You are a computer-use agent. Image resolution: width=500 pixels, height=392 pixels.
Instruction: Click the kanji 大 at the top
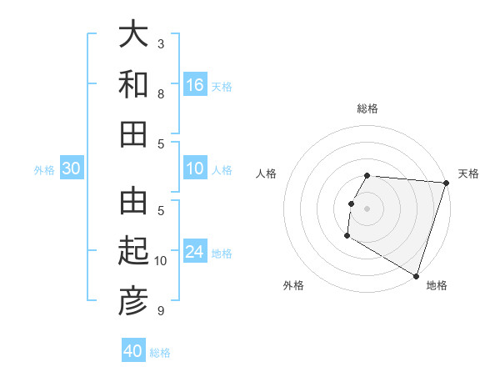tap(133, 36)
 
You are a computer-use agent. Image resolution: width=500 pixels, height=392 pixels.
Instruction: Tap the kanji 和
tap(133, 84)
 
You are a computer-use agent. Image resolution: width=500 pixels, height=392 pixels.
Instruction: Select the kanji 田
tap(133, 133)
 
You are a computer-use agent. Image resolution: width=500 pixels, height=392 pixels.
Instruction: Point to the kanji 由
tap(133, 202)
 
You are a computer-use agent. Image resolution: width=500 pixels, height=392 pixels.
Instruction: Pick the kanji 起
tap(133, 252)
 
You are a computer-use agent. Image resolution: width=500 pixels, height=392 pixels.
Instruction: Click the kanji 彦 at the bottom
tap(133, 301)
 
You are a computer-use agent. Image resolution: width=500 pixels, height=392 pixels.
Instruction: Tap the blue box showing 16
tap(195, 84)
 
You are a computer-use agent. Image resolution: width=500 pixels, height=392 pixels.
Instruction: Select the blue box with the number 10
tap(195, 168)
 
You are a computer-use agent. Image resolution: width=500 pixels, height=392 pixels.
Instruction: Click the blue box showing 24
tap(195, 252)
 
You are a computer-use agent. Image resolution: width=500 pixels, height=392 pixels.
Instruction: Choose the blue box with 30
tap(71, 168)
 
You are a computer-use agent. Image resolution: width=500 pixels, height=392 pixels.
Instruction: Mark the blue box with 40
tap(133, 351)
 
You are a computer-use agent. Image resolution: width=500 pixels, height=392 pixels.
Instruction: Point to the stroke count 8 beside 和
tap(161, 93)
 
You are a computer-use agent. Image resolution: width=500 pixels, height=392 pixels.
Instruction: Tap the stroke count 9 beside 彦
tap(161, 311)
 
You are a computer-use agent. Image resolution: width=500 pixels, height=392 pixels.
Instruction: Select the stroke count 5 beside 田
tap(161, 143)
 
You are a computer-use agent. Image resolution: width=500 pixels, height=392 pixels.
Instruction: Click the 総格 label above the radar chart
tap(367, 108)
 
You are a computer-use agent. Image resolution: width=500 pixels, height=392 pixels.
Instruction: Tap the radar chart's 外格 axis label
tap(293, 285)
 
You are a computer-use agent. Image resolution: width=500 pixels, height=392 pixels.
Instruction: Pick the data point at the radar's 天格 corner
tap(446, 183)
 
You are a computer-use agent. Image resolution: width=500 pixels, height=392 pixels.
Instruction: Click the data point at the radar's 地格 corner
tap(416, 275)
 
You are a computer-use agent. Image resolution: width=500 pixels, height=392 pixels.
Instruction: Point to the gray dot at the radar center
tap(367, 209)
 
